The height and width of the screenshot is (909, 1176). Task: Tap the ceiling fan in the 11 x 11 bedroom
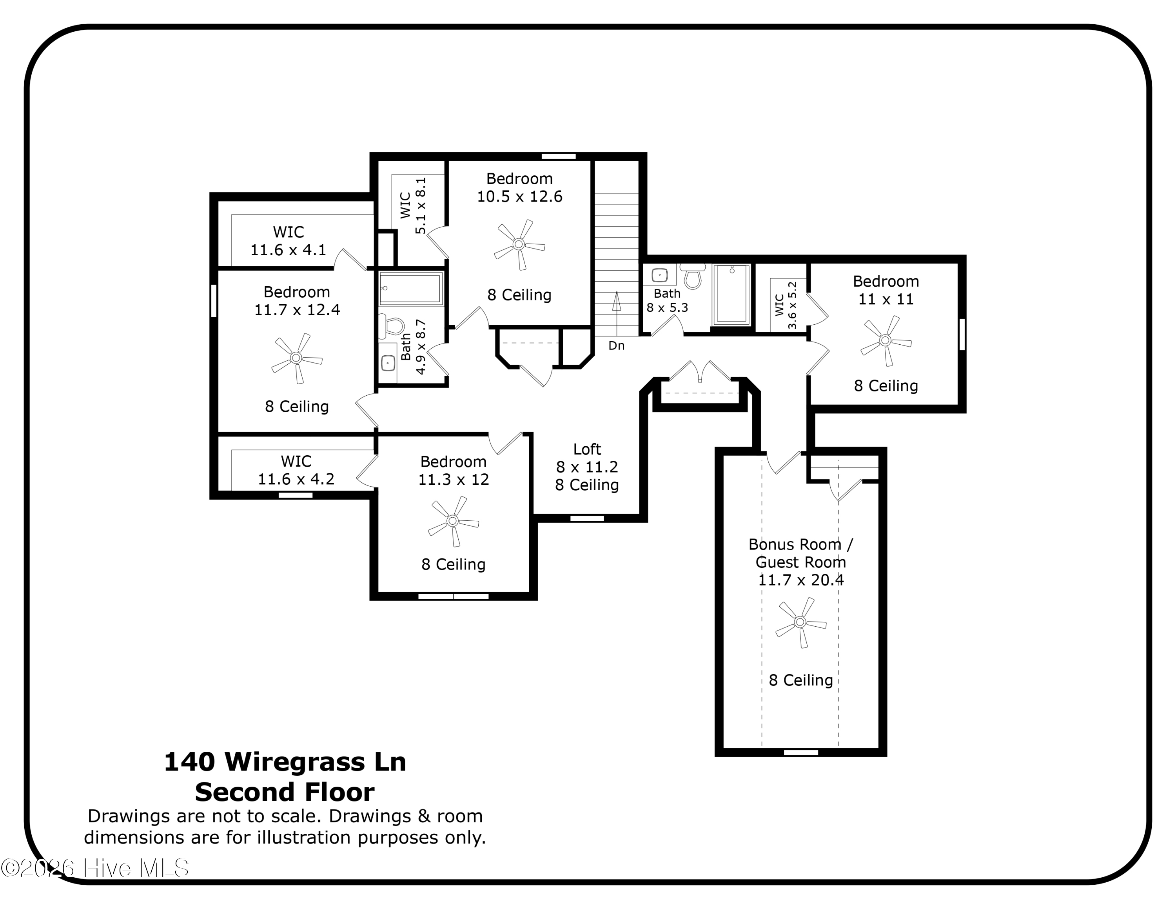click(885, 340)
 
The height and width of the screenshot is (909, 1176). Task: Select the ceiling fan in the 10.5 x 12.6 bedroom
click(519, 244)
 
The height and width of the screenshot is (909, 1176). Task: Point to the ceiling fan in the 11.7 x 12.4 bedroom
click(296, 358)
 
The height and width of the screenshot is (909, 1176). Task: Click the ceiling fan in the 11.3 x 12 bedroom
click(453, 521)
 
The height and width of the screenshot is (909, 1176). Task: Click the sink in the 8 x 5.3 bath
click(660, 275)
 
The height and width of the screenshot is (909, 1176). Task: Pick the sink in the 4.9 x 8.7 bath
click(388, 364)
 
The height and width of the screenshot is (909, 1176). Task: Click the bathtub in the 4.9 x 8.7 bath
click(411, 289)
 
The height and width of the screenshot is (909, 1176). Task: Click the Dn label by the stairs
click(617, 346)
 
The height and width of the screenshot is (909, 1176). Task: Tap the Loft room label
click(587, 449)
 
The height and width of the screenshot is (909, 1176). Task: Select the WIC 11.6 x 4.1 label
click(289, 241)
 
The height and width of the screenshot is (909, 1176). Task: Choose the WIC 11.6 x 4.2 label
click(296, 470)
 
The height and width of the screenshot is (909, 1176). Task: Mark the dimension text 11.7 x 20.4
click(801, 580)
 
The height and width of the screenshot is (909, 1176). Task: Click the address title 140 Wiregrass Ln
click(285, 762)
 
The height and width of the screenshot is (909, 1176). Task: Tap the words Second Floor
click(285, 792)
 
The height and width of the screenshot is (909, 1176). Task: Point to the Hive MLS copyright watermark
click(95, 868)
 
